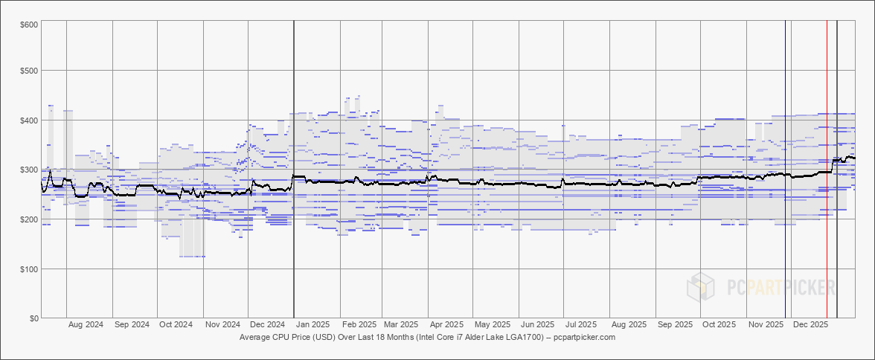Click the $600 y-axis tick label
[x=29, y=25]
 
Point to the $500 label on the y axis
[x=29, y=71]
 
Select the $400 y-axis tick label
[x=29, y=120]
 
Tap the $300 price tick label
[x=29, y=170]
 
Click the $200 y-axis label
[x=29, y=219]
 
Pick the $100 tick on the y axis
[x=29, y=269]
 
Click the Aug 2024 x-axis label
[x=86, y=325]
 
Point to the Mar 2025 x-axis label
[x=400, y=325]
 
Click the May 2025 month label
[x=492, y=325]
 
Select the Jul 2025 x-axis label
[x=581, y=325]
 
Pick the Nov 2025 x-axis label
[x=766, y=325]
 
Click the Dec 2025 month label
[x=810, y=325]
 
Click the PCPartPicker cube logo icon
[x=702, y=286]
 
